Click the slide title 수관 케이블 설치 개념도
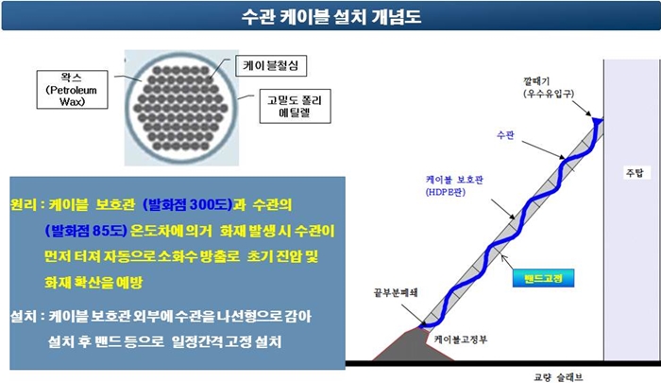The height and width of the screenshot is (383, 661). click(330, 16)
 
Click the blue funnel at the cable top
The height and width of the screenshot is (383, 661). click(597, 121)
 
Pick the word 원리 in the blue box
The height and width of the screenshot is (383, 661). click(23, 205)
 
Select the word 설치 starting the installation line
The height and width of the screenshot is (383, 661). click(23, 315)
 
